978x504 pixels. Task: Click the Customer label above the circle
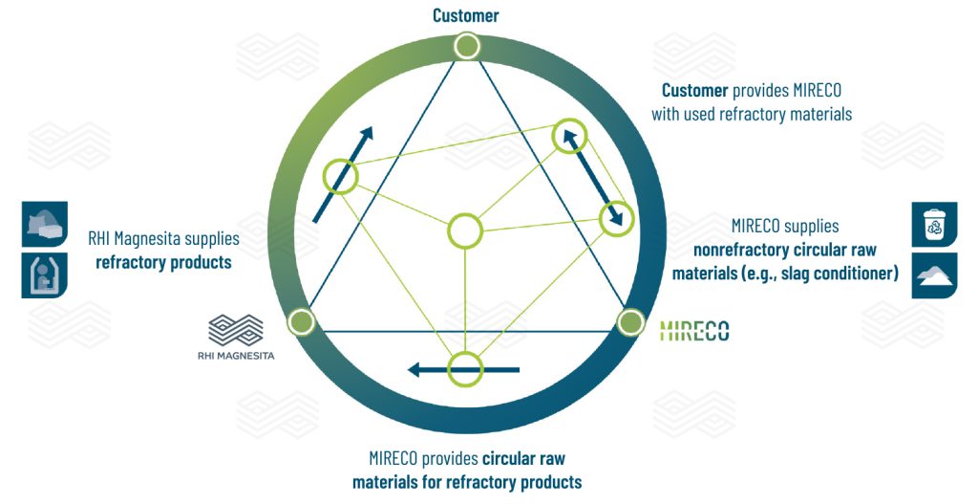pos(465,14)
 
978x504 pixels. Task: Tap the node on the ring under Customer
pos(466,46)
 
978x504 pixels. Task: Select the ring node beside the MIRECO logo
pos(628,322)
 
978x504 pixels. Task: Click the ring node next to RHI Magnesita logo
pos(301,321)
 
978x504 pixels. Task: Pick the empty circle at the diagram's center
pos(465,230)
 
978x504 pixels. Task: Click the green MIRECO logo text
pos(694,331)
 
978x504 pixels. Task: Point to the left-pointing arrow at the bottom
pos(463,369)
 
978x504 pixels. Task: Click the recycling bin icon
pos(933,225)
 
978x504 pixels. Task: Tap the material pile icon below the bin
pos(933,275)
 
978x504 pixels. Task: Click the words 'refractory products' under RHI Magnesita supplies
pos(163,262)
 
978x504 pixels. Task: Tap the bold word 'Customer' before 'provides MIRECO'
pos(695,91)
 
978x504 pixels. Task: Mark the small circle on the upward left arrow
pos(339,176)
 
